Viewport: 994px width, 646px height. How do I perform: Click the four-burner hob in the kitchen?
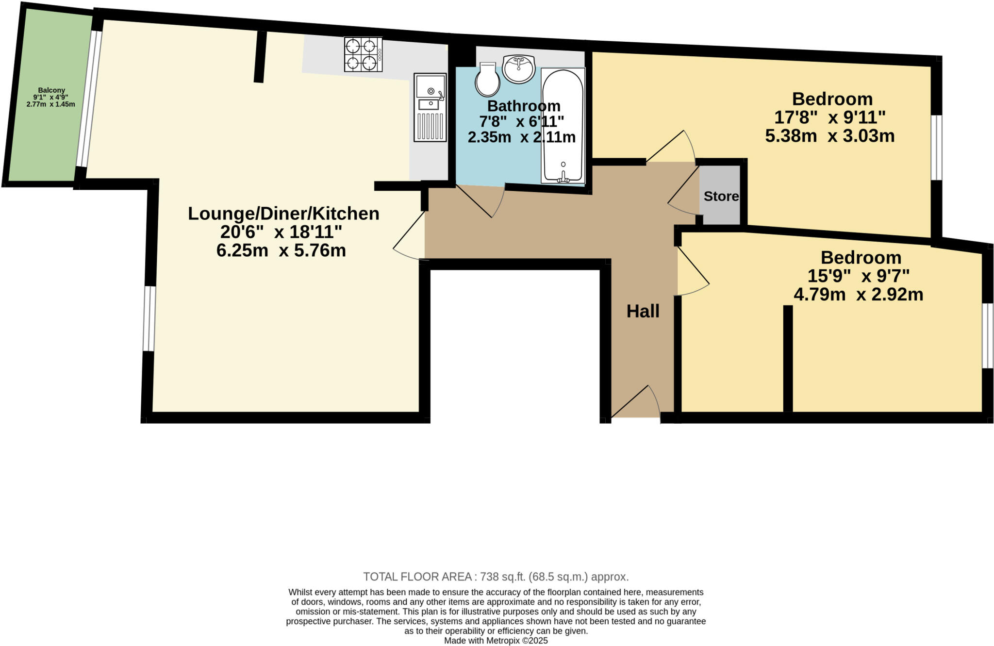[x=363, y=54]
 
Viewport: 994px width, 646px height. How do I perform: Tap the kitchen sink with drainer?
[x=430, y=107]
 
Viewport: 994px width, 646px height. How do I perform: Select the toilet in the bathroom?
[x=487, y=80]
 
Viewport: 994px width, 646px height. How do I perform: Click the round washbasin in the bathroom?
[x=519, y=69]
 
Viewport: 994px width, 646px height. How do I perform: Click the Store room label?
[x=721, y=196]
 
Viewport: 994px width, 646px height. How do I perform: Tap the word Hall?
[x=643, y=311]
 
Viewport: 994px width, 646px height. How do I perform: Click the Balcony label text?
[x=51, y=90]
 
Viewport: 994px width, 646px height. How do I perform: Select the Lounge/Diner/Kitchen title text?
[x=283, y=214]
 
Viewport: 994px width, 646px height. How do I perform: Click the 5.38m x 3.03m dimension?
[x=829, y=136]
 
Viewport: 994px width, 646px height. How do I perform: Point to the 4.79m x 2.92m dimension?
[x=858, y=295]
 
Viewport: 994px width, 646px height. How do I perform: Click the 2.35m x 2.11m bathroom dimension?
[x=521, y=137]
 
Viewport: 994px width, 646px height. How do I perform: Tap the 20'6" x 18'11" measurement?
[x=281, y=232]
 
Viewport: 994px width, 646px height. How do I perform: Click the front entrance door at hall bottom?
[x=636, y=403]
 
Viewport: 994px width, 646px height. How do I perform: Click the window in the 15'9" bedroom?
[x=987, y=336]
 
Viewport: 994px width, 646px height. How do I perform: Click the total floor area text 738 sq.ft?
[x=496, y=577]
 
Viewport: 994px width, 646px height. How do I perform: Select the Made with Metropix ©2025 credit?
[x=496, y=641]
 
